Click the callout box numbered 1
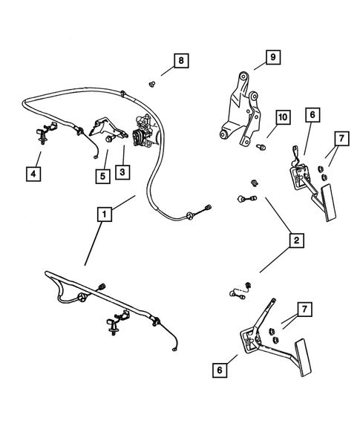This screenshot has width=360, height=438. point(105,215)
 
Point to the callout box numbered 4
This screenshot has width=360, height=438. point(32,174)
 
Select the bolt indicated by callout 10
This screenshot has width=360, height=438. point(259,148)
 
